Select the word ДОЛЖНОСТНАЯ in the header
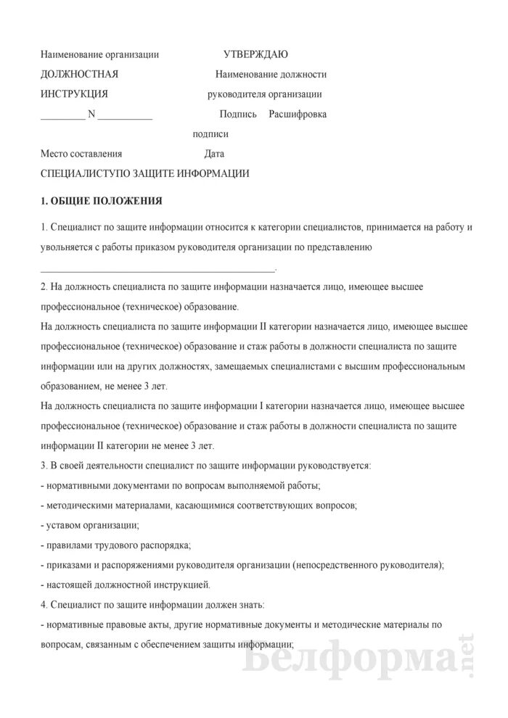coord(80,74)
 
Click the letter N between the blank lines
coord(91,114)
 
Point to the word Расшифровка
coord(298,114)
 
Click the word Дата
coord(214,154)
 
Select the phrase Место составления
coord(81,154)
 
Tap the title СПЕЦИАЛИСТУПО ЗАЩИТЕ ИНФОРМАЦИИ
coord(145,174)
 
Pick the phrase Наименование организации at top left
coord(99,54)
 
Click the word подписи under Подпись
coord(210,134)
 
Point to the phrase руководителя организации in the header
coord(264,94)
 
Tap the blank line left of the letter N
coord(62,117)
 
